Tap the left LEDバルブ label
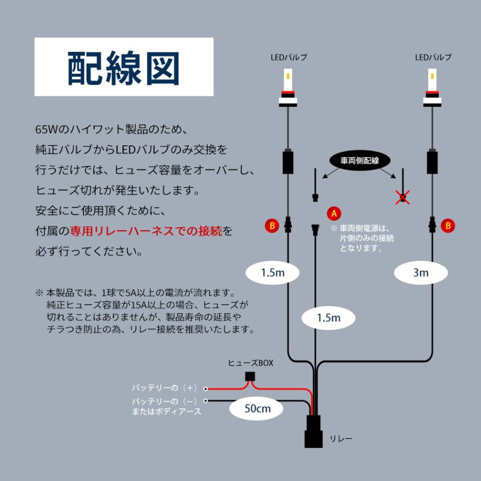point(289,57)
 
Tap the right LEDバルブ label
point(433,57)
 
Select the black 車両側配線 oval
point(358,160)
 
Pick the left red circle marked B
point(271,226)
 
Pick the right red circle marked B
point(448,226)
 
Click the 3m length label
point(420,273)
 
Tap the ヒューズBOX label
point(251,362)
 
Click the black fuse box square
point(249,376)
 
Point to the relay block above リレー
point(315,431)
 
